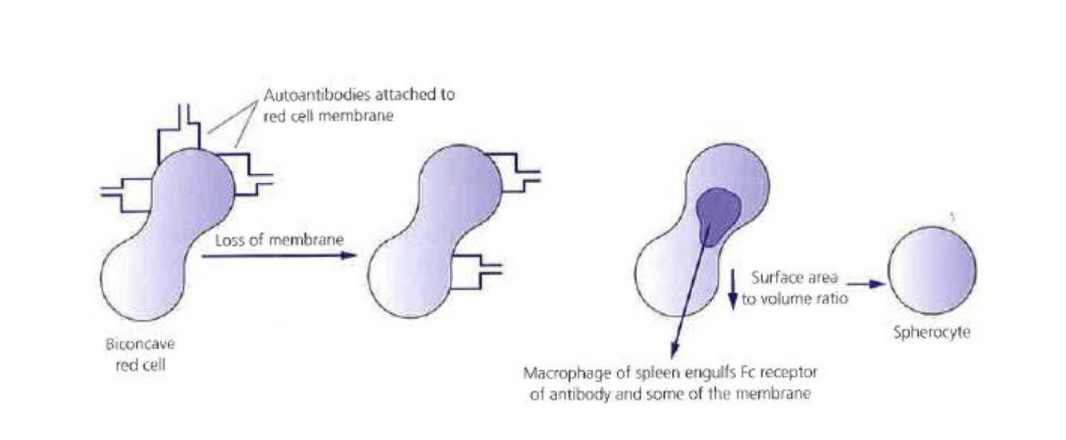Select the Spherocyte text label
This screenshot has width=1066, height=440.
[931, 332]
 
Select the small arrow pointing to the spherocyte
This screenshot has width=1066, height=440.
[866, 283]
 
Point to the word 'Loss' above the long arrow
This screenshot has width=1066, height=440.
[230, 240]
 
